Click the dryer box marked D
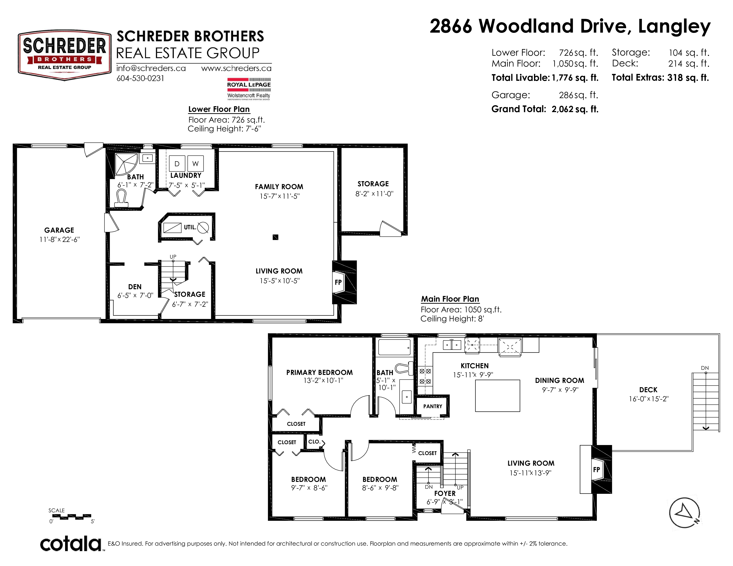[x=177, y=164]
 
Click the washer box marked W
[x=195, y=164]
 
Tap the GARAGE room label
[x=59, y=230]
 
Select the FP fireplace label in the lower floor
[x=338, y=282]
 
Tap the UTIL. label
[x=190, y=227]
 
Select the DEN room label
[x=135, y=287]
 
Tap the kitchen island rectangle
[x=497, y=396]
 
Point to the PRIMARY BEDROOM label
[x=319, y=372]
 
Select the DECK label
[x=648, y=390]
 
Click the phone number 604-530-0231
[x=140, y=78]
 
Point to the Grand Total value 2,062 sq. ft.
[x=575, y=109]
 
